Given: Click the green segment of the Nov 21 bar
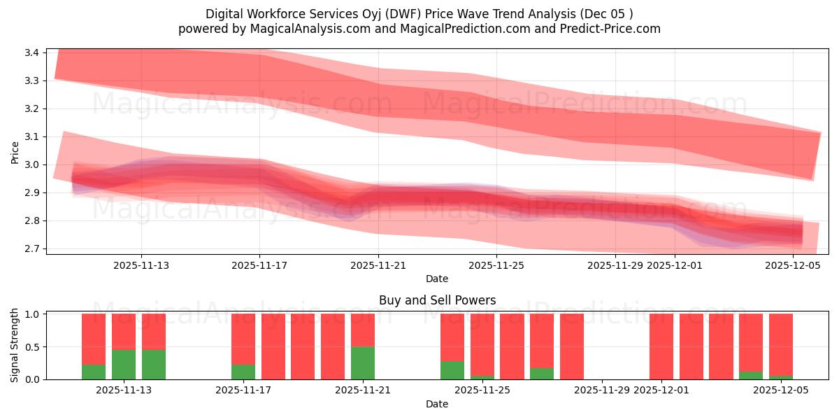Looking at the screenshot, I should (362, 363).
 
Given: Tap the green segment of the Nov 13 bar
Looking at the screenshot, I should (124, 364).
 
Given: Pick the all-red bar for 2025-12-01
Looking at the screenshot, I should (661, 346).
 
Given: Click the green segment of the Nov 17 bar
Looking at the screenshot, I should (243, 372).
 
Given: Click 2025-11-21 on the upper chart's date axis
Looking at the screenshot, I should (378, 265).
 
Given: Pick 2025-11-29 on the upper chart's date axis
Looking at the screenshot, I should (615, 265).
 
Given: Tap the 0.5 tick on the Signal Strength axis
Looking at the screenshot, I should (34, 346).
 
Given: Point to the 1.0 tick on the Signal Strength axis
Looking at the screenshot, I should (34, 314).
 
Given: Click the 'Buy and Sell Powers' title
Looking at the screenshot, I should (437, 300).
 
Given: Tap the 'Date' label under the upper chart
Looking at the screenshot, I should (437, 279).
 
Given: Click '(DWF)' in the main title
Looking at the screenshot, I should (406, 14).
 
